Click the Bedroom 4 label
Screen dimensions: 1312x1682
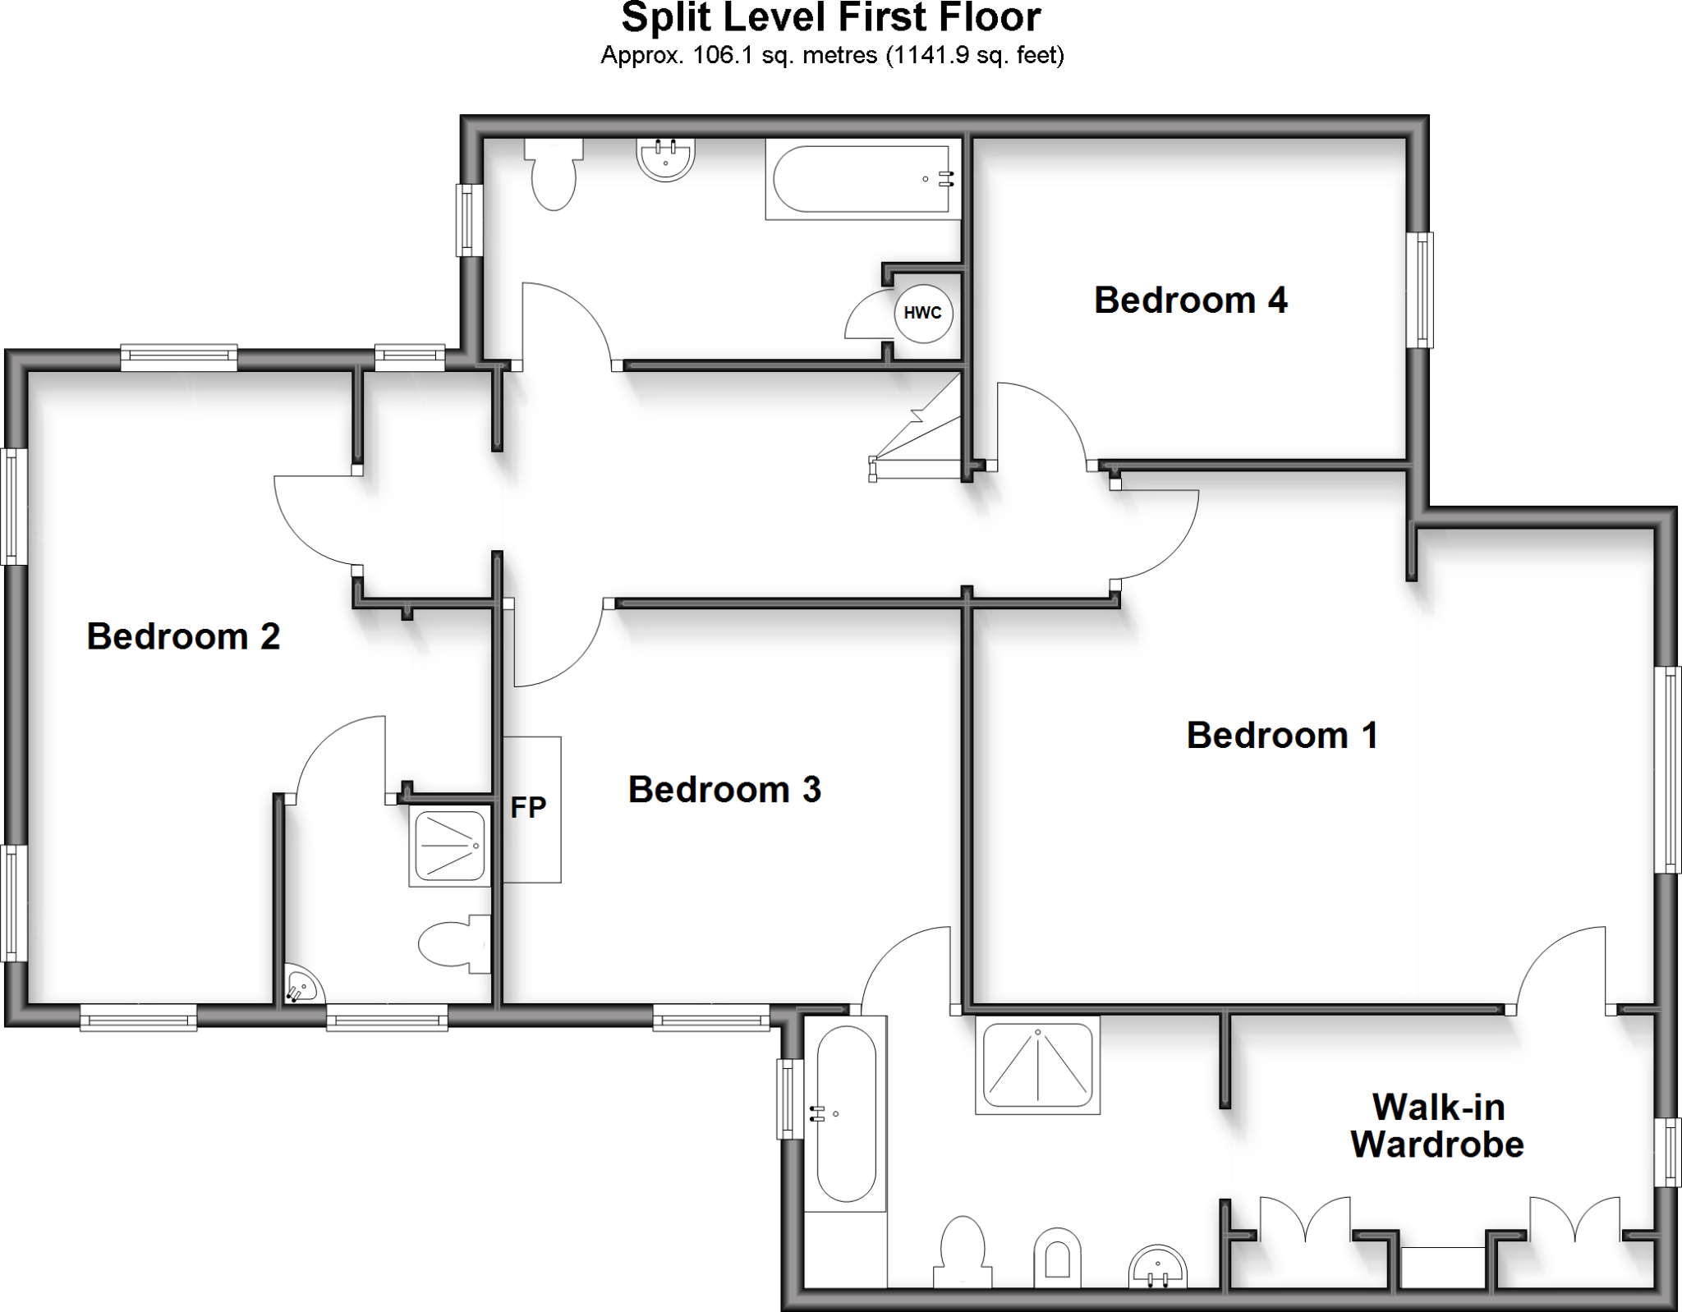[x=1190, y=300]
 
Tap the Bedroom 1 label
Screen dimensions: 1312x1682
[x=1282, y=735]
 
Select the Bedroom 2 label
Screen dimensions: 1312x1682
[x=183, y=636]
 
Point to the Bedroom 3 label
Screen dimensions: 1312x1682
[x=724, y=789]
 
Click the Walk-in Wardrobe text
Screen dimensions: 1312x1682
[x=1437, y=1126]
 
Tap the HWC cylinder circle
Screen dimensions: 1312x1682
[x=923, y=313]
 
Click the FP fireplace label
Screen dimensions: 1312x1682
[x=528, y=808]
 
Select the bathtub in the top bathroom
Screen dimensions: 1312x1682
[x=862, y=178]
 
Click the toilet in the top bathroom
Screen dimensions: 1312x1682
[x=554, y=174]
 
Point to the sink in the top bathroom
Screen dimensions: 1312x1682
[x=666, y=158]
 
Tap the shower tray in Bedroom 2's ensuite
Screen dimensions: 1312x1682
[x=449, y=845]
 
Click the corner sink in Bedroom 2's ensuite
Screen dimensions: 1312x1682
[x=301, y=987]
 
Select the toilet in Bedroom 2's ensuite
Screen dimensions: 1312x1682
[x=453, y=944]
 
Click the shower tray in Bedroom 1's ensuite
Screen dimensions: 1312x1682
[x=1037, y=1065]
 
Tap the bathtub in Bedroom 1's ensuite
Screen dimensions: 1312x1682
[x=845, y=1112]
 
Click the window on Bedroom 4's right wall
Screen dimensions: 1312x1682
[x=1420, y=290]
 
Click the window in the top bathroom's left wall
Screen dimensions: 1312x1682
[x=469, y=219]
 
